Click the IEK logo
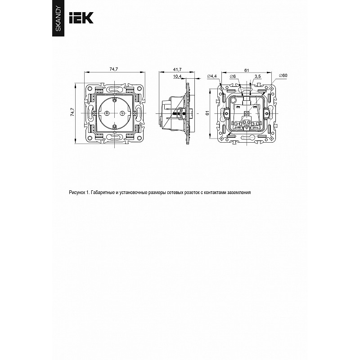pyautogui.click(x=81, y=18)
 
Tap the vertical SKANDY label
pyautogui.click(x=58, y=19)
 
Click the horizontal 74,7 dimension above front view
pyautogui.click(x=114, y=69)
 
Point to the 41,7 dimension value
pyautogui.click(x=177, y=69)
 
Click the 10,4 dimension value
pyautogui.click(x=177, y=76)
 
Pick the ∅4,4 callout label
pyautogui.click(x=211, y=76)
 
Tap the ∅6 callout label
pyautogui.click(x=233, y=76)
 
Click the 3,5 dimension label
pyautogui.click(x=257, y=76)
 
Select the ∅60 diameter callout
pyautogui.click(x=283, y=75)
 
